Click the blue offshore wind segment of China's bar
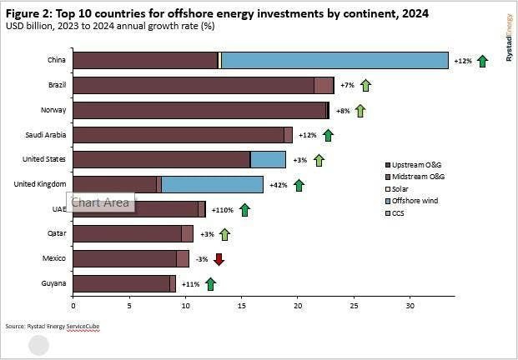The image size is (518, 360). click(x=334, y=60)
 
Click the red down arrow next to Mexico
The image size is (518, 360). click(x=219, y=259)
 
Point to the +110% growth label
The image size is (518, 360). click(x=221, y=210)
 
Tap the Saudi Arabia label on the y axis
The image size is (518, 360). click(x=48, y=135)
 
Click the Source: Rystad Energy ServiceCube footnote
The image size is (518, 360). click(x=52, y=325)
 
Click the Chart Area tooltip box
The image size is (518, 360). click(x=100, y=202)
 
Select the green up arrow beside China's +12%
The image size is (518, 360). click(x=482, y=61)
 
